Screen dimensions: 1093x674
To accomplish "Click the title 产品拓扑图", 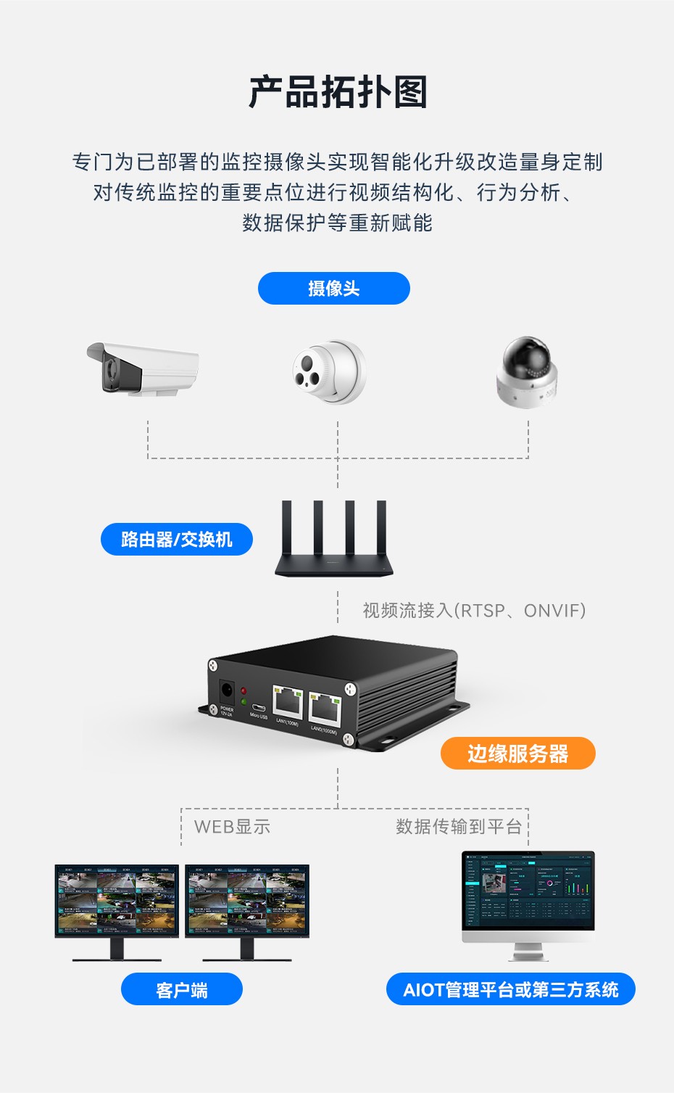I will (x=337, y=92).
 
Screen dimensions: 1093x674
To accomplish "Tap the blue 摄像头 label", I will (x=333, y=289).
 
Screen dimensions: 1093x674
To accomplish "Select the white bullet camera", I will (x=143, y=368).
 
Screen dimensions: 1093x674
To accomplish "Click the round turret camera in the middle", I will (x=330, y=371).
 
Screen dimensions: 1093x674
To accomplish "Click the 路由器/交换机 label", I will (x=177, y=540).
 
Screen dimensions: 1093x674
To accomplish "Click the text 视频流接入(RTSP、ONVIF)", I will (x=473, y=611).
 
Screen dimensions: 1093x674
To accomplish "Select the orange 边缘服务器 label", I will (x=517, y=754).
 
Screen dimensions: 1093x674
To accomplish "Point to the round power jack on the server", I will (x=226, y=690).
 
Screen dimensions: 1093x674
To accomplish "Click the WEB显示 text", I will (x=232, y=827).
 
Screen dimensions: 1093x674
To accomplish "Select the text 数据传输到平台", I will (x=458, y=827).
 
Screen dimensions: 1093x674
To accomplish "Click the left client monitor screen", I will (x=117, y=900).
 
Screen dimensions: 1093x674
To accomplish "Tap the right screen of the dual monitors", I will (x=247, y=900).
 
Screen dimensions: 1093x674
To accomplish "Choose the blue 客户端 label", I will (x=181, y=989).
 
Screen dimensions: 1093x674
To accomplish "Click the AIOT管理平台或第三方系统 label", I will (x=510, y=989).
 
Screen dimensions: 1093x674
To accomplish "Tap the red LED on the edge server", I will (x=244, y=691).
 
